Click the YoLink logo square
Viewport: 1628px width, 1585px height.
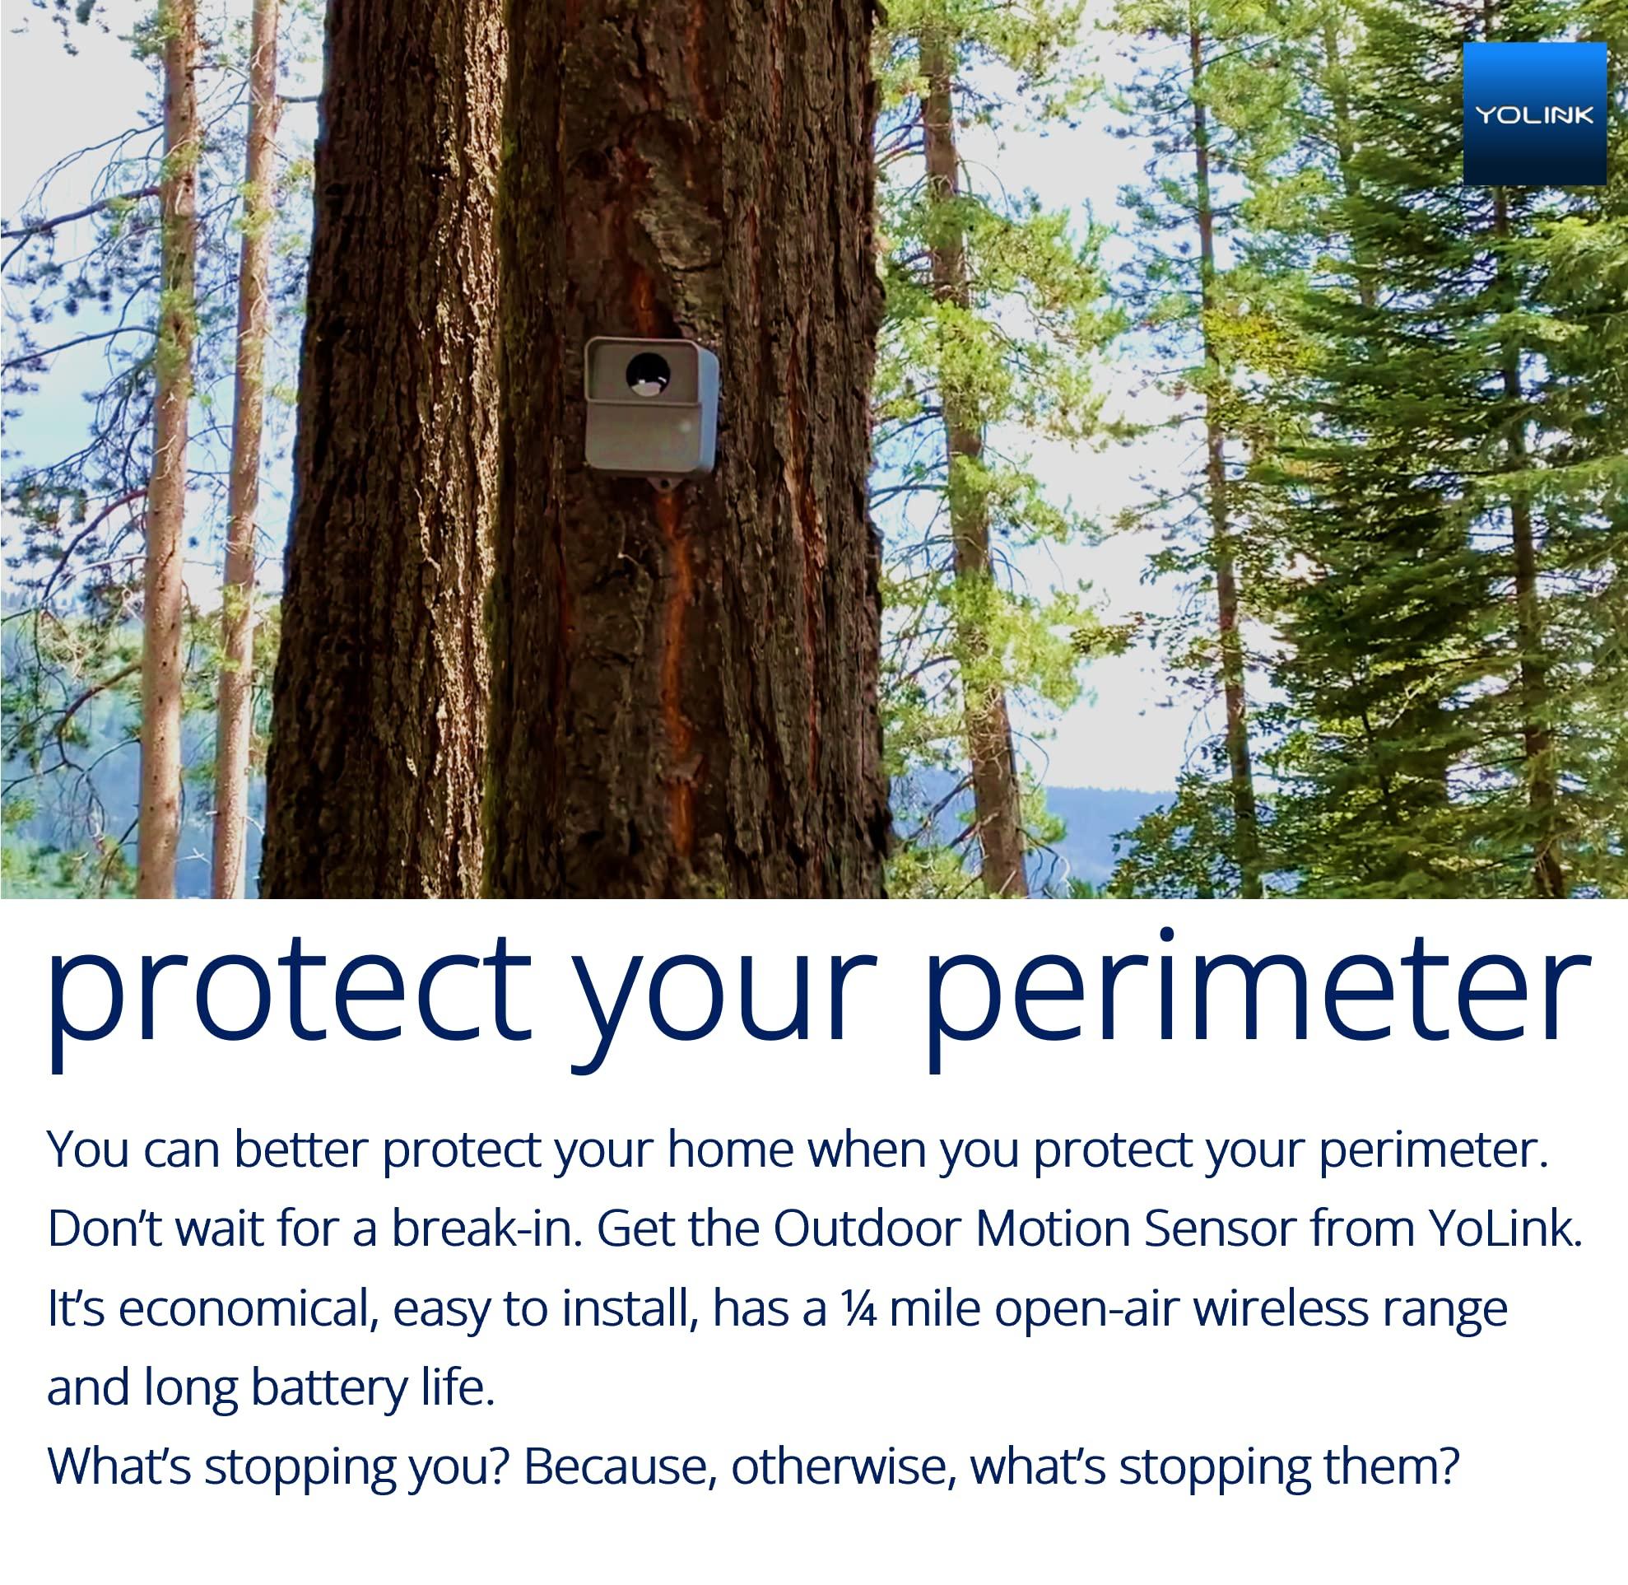click(x=1534, y=114)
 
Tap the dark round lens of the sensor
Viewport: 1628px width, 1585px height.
click(x=648, y=374)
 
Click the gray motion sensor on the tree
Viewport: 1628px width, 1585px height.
click(x=650, y=406)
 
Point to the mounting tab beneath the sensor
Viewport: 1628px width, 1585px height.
click(x=665, y=482)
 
